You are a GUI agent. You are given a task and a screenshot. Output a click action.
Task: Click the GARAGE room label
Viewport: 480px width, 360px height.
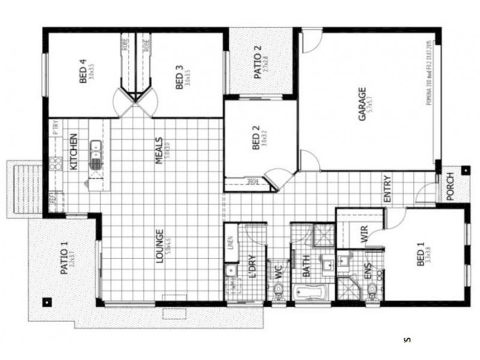tap(362, 104)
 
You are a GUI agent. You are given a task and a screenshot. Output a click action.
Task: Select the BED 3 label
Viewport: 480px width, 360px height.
tap(179, 81)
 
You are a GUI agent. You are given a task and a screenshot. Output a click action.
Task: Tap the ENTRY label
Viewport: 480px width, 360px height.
tap(388, 188)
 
